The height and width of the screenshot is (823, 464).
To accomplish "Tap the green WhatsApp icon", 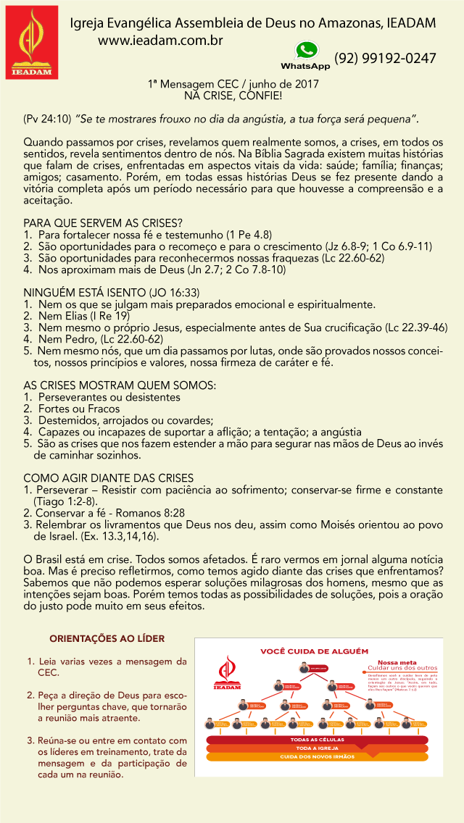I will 306,51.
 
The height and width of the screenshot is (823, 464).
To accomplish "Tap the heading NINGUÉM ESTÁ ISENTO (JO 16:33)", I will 111,293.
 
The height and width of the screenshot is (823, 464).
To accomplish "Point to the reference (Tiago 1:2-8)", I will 65,501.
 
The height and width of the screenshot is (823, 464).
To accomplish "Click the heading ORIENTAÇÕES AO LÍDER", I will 107,638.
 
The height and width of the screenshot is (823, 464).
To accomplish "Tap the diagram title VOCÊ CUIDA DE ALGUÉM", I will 315,651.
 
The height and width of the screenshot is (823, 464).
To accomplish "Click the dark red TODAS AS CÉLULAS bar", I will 317,740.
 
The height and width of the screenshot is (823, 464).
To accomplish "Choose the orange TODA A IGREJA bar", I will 317,748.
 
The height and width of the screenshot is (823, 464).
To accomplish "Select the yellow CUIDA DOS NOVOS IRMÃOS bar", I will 317,756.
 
